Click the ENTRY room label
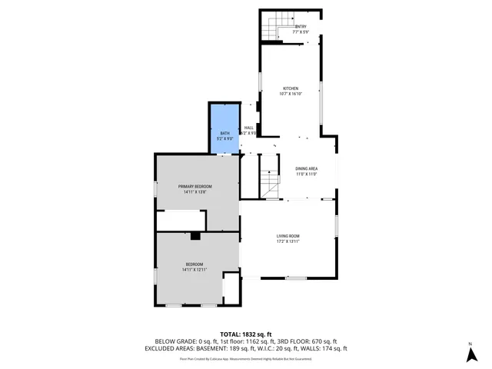[301, 27]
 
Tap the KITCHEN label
[291, 88]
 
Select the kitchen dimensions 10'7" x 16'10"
[291, 94]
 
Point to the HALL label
[248, 128]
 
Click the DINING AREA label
[307, 168]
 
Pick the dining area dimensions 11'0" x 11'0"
[307, 174]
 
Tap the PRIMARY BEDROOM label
[195, 187]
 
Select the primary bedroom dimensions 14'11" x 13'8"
[195, 192]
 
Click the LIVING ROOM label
[288, 236]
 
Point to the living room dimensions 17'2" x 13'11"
[288, 241]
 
